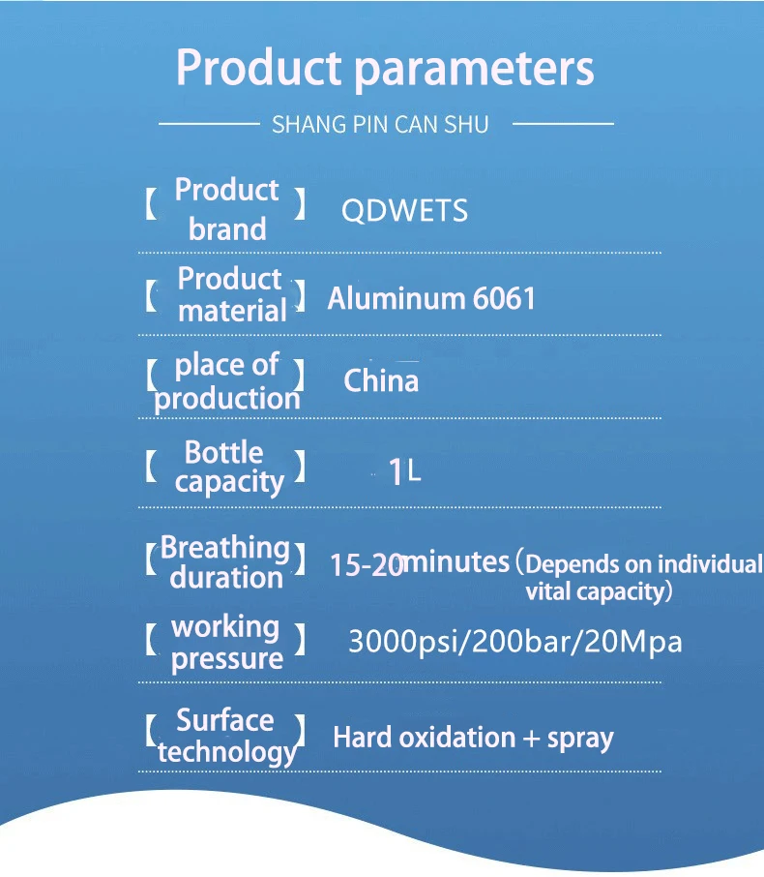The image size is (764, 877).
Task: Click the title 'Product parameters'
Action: [x=385, y=69]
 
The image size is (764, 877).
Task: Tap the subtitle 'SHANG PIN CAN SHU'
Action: [x=380, y=124]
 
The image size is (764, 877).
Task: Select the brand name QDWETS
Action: [x=404, y=211]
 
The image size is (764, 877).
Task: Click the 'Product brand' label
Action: [x=227, y=209]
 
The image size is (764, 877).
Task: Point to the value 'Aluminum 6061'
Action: [x=431, y=298]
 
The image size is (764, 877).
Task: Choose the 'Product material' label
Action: [x=231, y=294]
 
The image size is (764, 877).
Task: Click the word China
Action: [x=381, y=380]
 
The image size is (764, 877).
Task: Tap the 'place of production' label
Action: [x=227, y=382]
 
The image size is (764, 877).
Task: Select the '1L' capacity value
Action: [x=403, y=471]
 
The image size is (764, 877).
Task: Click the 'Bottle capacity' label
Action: [x=229, y=468]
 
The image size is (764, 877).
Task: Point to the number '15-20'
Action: [x=367, y=565]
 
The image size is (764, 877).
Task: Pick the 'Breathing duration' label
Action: [x=225, y=562]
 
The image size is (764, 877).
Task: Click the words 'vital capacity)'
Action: [x=599, y=591]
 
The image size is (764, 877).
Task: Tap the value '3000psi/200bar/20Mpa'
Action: [x=514, y=642]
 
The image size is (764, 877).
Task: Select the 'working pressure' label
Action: [x=226, y=643]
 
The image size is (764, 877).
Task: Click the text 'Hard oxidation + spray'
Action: [x=473, y=738]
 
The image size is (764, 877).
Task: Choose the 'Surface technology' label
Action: [x=226, y=736]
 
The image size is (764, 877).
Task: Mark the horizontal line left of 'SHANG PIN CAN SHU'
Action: [x=209, y=124]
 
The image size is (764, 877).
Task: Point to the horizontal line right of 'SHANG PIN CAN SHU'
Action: [x=563, y=124]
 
